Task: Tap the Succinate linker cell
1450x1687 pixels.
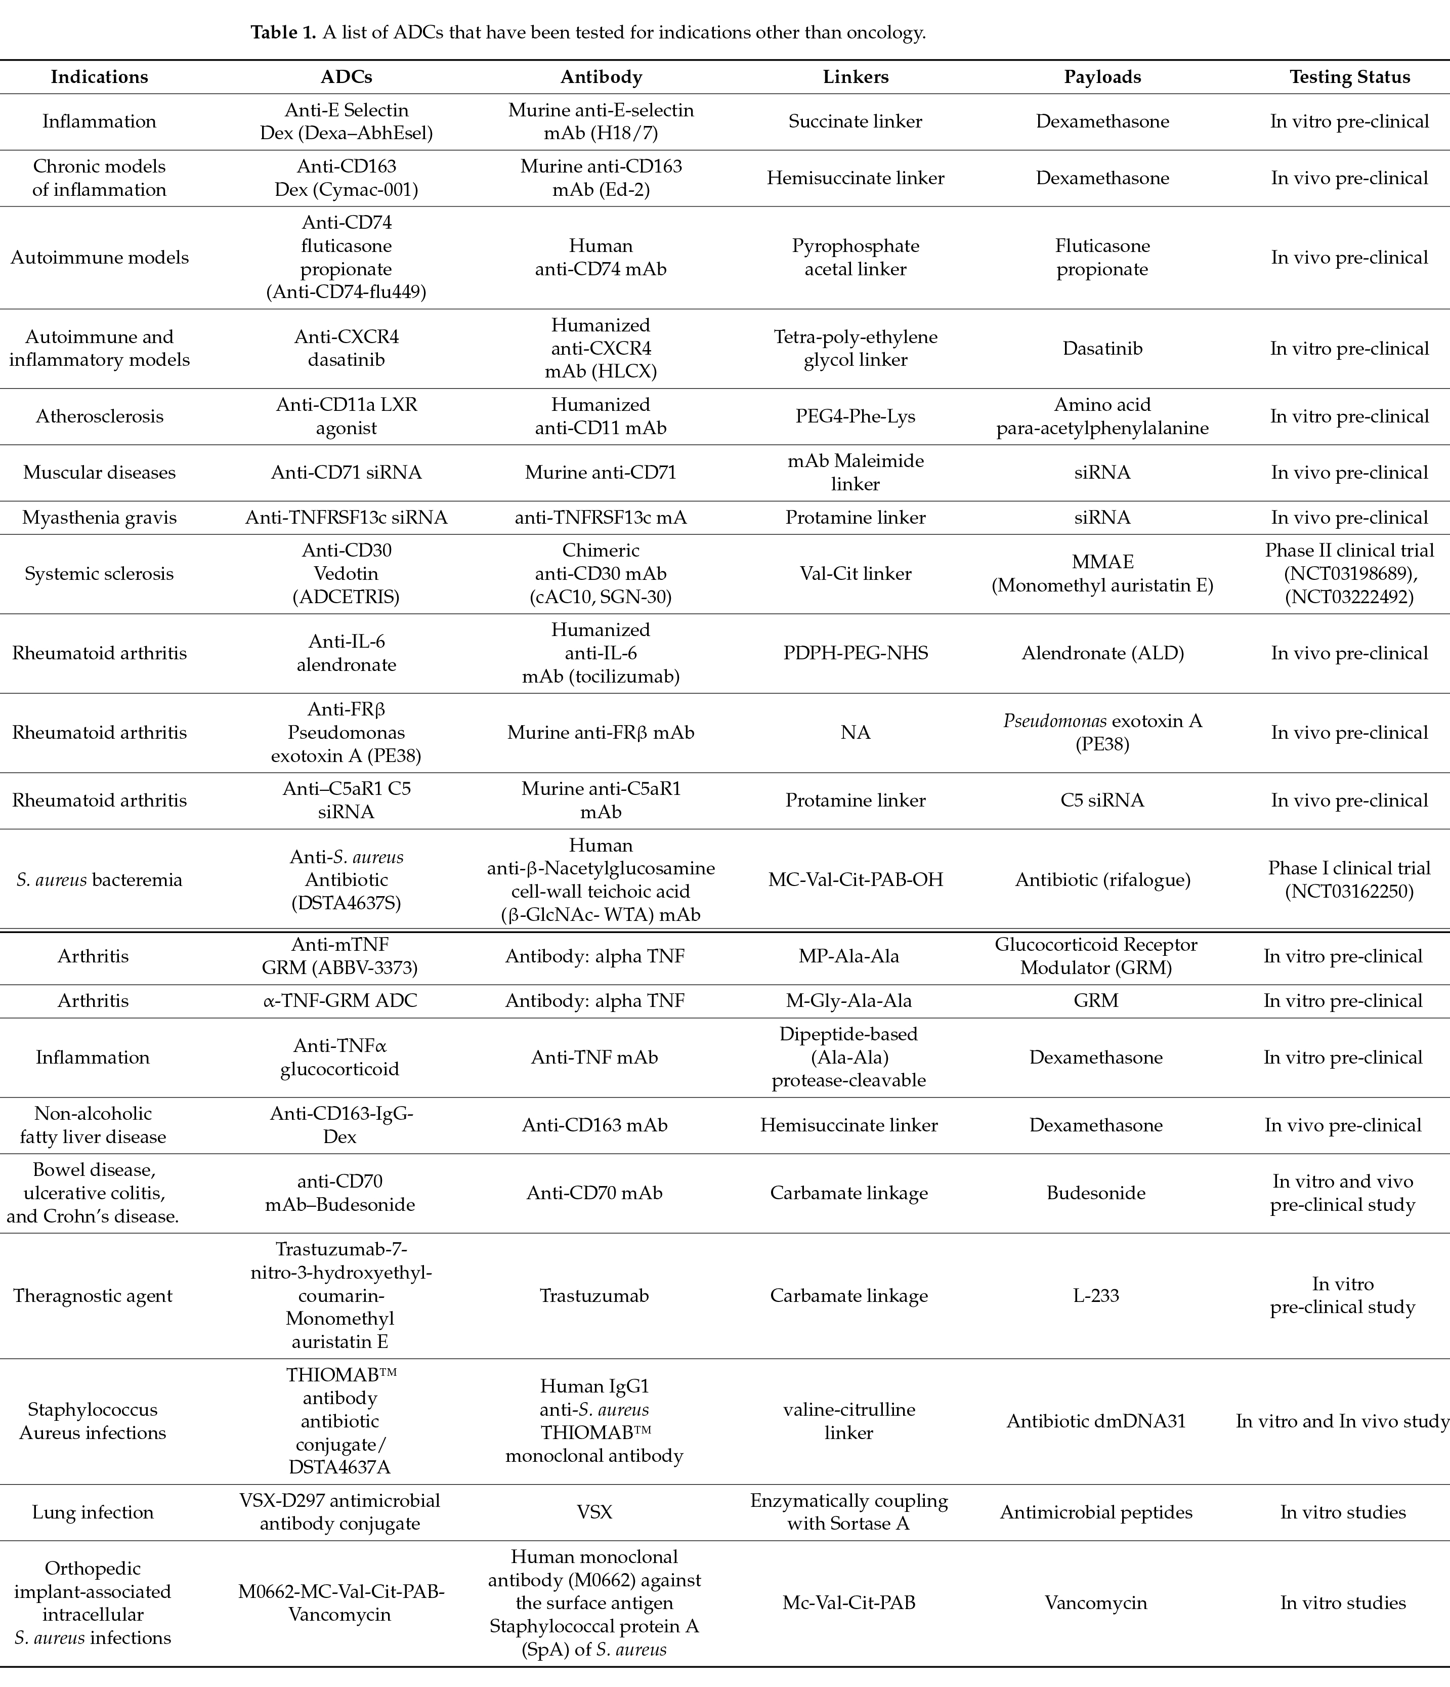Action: pos(855,121)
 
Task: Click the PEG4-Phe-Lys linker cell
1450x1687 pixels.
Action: pos(855,416)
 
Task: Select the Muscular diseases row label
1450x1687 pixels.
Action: pos(99,472)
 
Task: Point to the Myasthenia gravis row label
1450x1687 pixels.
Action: pos(99,517)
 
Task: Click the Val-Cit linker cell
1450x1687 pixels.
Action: pos(855,573)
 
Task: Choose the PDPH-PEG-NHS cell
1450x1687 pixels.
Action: pos(855,653)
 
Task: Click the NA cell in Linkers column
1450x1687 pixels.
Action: pos(855,733)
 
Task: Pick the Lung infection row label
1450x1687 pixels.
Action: pos(93,1512)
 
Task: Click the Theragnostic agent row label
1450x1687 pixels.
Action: pos(93,1295)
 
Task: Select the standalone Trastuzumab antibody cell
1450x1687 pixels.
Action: pos(594,1295)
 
